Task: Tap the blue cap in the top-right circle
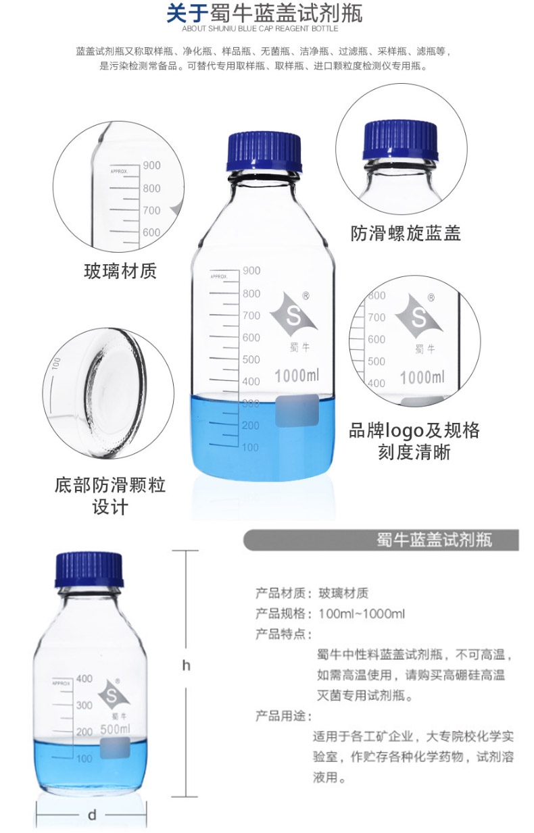(400, 140)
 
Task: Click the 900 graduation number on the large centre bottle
(251, 270)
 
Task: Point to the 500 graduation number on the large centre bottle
(251, 359)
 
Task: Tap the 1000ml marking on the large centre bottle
(297, 376)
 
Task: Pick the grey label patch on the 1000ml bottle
(297, 411)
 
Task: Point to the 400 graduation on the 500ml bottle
(84, 679)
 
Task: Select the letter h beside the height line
(186, 665)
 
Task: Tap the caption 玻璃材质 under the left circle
(120, 271)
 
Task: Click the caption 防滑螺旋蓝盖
(406, 233)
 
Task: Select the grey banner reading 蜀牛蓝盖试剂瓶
(381, 540)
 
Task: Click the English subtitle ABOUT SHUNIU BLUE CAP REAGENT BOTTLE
(260, 28)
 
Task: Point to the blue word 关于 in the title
(187, 13)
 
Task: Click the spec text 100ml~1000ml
(362, 613)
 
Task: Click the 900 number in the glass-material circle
(152, 165)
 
